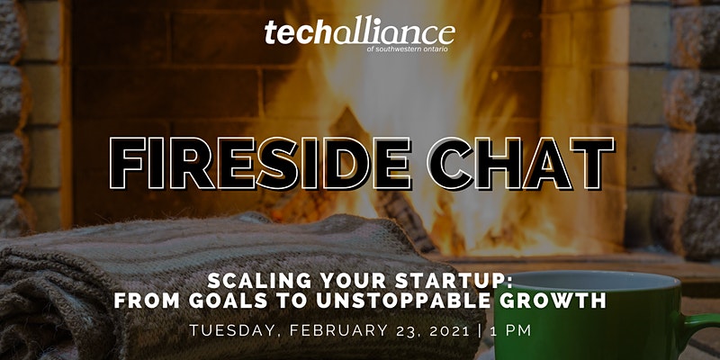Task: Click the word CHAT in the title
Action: (x=520, y=164)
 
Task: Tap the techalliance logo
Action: (x=359, y=35)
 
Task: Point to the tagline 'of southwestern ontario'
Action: (x=408, y=49)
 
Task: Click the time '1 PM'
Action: (x=510, y=330)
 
